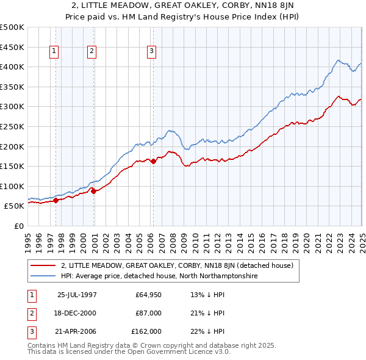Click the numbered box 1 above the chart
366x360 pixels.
[55, 52]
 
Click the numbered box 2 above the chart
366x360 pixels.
[91, 52]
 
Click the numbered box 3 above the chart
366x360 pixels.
[151, 52]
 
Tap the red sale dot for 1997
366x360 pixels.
[56, 200]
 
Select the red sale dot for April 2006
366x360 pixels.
[153, 161]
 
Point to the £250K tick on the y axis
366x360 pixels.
[13, 126]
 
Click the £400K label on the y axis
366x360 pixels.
[13, 67]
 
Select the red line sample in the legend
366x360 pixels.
[43, 265]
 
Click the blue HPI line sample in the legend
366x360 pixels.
[43, 276]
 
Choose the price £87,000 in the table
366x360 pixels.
[148, 314]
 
